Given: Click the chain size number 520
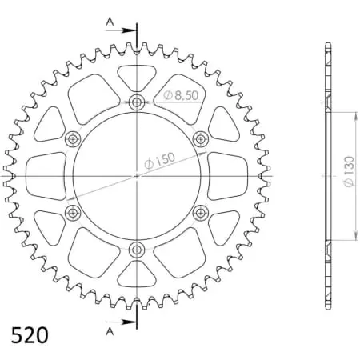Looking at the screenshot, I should click(x=30, y=334).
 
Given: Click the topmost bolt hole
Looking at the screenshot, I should click(x=137, y=102).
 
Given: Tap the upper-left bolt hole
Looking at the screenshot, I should click(x=74, y=139).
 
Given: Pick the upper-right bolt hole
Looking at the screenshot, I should click(x=201, y=139).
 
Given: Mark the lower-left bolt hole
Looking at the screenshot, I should click(x=74, y=213).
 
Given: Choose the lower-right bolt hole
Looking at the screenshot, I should click(x=201, y=213).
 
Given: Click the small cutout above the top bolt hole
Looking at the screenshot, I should click(x=137, y=78).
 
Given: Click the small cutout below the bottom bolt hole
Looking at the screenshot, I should click(x=137, y=274).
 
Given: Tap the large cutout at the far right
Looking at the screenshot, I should click(x=229, y=176).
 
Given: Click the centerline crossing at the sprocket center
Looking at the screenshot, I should click(x=137, y=176).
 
